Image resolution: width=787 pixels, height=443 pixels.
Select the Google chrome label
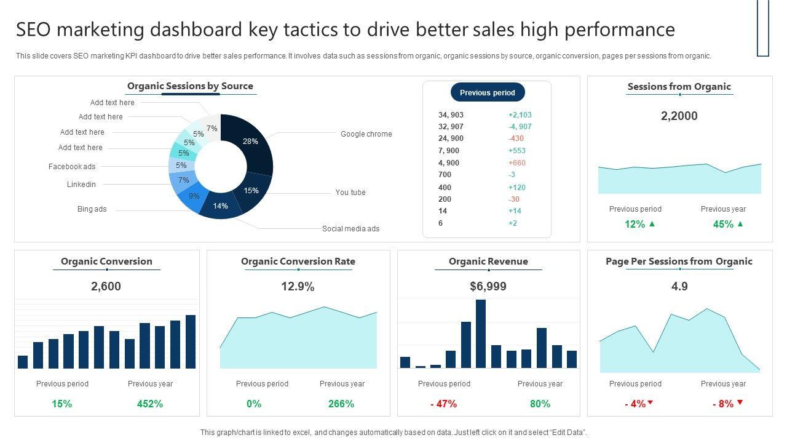coord(366,134)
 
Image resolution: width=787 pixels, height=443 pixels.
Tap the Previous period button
coord(488,93)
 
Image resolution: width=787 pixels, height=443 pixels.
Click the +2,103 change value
coord(520,115)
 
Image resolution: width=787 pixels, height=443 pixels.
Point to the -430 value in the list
coord(516,138)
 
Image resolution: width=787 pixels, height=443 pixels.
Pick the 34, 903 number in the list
coord(451,115)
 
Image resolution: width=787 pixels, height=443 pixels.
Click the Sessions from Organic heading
coord(679,87)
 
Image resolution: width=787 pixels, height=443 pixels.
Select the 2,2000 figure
coord(679,116)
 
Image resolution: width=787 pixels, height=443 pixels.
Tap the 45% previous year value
coord(723,225)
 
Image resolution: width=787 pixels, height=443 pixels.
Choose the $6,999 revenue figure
coord(488,287)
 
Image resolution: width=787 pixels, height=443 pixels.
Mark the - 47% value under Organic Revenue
coord(443,404)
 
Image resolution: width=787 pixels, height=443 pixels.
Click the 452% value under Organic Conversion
coord(150,404)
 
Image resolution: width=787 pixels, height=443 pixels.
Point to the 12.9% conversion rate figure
coord(298,287)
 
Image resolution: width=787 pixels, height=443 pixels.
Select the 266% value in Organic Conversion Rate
coord(341,404)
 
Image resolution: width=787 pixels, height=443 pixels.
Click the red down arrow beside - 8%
coord(740,403)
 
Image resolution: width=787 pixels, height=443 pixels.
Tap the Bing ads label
coord(92,209)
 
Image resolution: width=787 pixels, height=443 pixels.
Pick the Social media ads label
coord(350,229)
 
